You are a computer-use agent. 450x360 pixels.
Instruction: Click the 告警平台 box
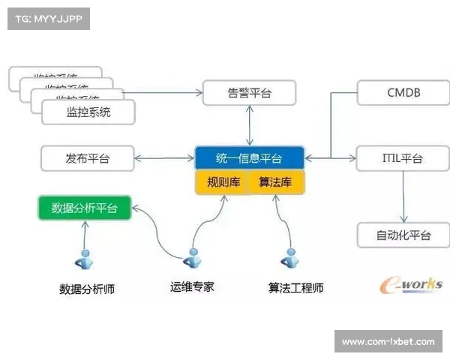click(250, 93)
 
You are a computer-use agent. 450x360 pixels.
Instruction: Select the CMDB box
click(403, 93)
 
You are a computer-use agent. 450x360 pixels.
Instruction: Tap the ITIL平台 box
click(403, 158)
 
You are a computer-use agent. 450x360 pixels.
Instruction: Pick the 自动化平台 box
click(403, 235)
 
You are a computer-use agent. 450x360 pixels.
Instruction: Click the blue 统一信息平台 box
click(250, 158)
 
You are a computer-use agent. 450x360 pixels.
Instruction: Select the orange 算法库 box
click(275, 182)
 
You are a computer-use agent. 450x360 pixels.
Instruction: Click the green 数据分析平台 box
click(85, 208)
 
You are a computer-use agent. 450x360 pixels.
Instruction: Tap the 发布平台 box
click(87, 158)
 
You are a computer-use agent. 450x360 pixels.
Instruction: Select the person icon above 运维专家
click(193, 259)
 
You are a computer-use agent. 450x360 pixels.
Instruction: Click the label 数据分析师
click(87, 289)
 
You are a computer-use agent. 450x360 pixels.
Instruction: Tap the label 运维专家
click(193, 286)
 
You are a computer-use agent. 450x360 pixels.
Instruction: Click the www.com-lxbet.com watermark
click(388, 342)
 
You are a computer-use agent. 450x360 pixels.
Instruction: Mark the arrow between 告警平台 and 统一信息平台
click(250, 125)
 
